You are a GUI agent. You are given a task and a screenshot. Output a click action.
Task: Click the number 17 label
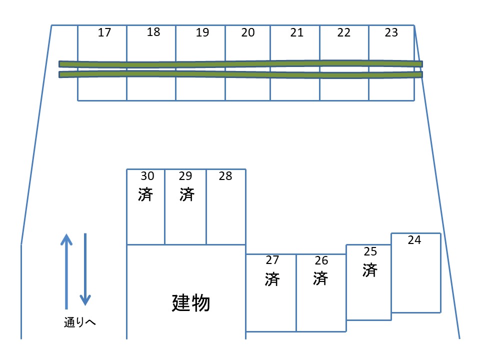[104, 33]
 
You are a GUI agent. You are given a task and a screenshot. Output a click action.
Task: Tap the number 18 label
[153, 32]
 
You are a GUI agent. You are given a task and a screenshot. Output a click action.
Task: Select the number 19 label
[202, 33]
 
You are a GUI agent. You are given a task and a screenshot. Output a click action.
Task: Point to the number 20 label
[248, 32]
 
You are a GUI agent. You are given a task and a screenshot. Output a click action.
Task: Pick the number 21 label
[297, 32]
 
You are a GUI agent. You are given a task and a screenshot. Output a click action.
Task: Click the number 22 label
[344, 32]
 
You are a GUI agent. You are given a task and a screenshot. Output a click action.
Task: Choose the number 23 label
[391, 32]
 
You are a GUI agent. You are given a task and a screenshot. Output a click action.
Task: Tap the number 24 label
[414, 240]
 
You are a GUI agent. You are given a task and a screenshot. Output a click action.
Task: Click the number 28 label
[225, 176]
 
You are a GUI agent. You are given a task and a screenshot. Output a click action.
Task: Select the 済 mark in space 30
[145, 194]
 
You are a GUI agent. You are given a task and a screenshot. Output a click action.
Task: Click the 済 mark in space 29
[186, 194]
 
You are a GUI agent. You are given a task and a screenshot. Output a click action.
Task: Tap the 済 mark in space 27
[272, 278]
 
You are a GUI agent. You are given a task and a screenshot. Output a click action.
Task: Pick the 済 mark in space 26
[320, 278]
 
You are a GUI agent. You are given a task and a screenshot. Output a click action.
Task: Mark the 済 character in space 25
[370, 270]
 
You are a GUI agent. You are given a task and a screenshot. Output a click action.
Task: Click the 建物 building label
[190, 302]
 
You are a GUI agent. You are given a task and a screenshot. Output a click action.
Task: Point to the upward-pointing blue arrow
[66, 270]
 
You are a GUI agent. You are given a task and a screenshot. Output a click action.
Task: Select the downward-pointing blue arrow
[85, 270]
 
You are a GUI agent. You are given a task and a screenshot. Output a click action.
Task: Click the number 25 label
[370, 251]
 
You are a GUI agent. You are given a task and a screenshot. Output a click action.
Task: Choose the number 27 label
[272, 260]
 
